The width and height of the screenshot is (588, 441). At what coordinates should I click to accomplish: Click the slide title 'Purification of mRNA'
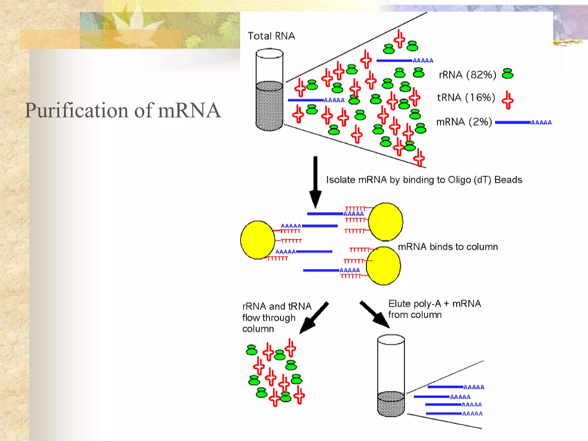coord(123,111)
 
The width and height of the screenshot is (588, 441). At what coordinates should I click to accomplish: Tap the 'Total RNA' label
coord(271,36)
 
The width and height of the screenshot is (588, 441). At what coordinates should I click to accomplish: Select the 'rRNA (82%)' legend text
coord(467,75)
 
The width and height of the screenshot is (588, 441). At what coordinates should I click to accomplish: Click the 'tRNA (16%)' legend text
coord(466,98)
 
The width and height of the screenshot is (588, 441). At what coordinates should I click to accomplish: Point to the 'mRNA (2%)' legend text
coord(464,122)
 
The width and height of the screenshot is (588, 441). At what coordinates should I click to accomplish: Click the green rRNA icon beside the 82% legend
coord(508,74)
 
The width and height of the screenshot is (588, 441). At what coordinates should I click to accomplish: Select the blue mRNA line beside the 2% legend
coord(513,123)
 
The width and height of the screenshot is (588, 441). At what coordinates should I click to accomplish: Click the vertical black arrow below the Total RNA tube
coord(315,181)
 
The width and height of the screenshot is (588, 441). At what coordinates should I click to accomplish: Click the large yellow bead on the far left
coord(258,240)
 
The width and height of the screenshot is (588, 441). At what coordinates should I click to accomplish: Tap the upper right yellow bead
coord(386,222)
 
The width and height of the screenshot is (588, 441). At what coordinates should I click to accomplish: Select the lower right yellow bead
coord(383,266)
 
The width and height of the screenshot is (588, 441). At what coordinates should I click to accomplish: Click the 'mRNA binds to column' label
coord(448,247)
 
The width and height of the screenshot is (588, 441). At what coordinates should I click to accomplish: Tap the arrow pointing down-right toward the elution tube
coord(375,315)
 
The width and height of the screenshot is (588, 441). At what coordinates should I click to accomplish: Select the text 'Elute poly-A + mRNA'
coord(434,304)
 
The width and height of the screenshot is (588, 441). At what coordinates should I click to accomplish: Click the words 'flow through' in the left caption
coord(269,318)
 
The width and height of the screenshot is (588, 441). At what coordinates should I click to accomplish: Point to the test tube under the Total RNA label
coord(269,90)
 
